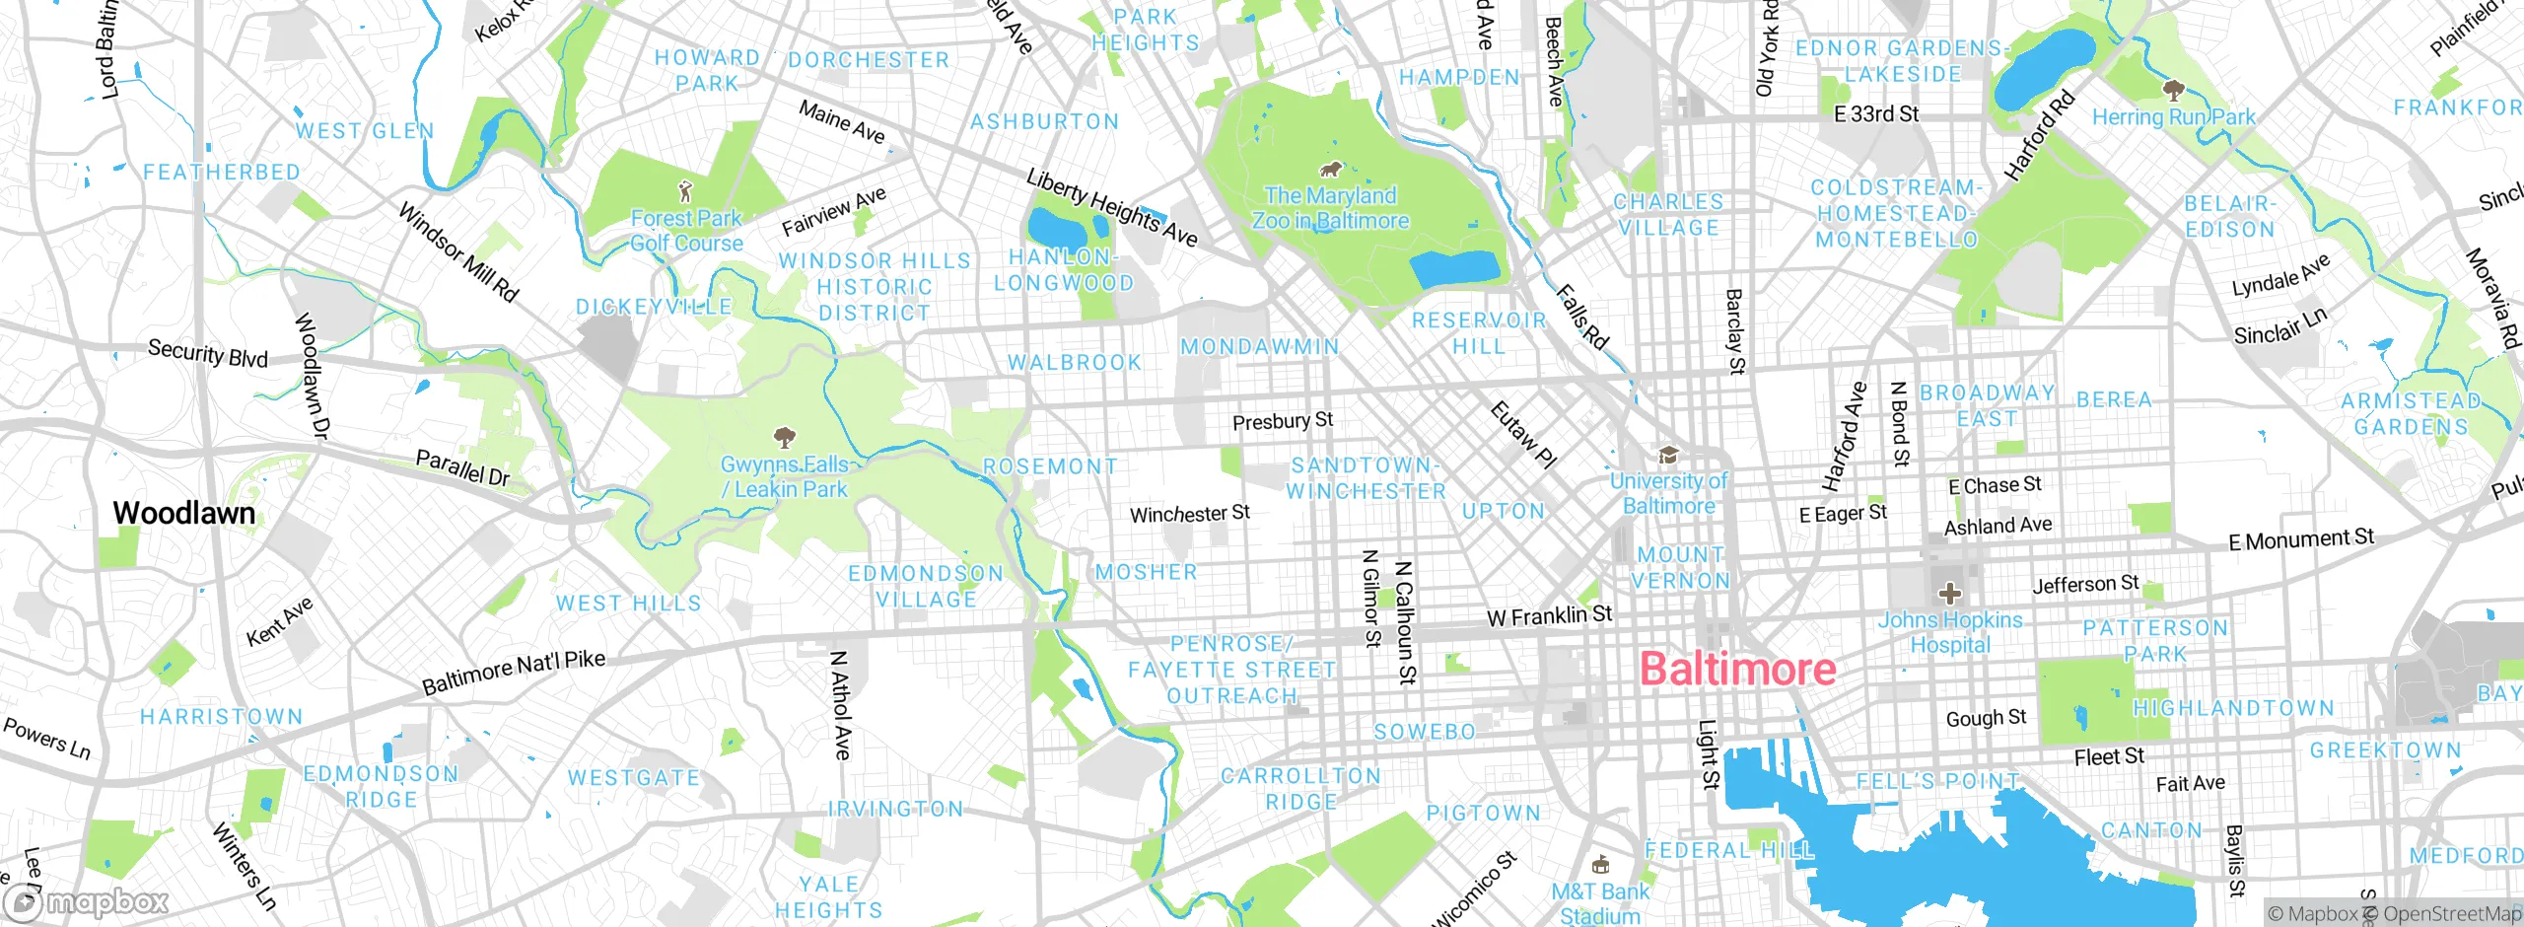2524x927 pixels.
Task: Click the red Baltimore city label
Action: (1737, 670)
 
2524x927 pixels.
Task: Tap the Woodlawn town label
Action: (183, 513)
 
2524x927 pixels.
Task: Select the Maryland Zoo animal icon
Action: (1330, 169)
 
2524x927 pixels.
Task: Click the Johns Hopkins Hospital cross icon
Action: (1949, 594)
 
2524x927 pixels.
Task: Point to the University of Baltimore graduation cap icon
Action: (1668, 455)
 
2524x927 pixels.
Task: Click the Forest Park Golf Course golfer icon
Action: (686, 190)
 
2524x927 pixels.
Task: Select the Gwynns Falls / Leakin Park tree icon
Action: (785, 437)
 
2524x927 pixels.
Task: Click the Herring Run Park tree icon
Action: (2172, 91)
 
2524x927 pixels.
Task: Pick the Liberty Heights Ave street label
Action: (1111, 207)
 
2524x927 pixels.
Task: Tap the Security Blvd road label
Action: (207, 353)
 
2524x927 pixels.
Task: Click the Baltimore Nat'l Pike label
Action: (513, 673)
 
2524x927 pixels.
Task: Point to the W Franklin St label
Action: (1549, 616)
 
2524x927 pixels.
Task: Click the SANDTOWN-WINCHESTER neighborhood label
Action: (1366, 478)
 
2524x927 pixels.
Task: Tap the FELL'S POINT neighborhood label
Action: (1937, 782)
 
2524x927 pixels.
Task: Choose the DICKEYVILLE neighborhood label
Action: (654, 307)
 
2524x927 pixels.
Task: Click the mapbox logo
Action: (87, 902)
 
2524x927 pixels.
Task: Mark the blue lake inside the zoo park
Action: (1455, 267)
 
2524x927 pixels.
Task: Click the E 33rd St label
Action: (1875, 114)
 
